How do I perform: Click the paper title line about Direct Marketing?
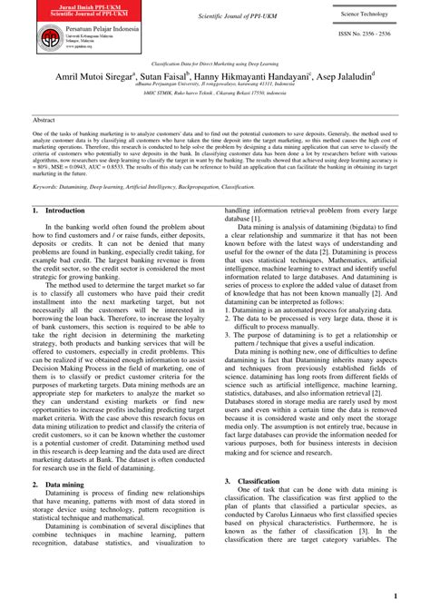click(x=215, y=65)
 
